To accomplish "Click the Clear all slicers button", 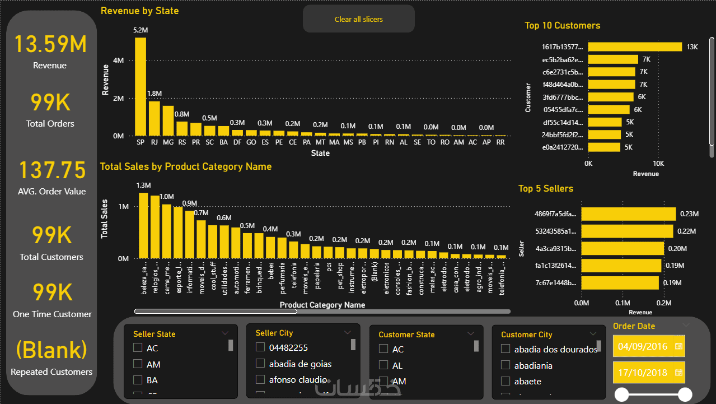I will click(359, 19).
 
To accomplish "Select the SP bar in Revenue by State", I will click(141, 86).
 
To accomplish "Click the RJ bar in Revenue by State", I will click(154, 118).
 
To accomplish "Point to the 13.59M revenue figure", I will click(50, 44).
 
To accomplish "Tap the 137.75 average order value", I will click(53, 170).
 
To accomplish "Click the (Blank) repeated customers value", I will click(52, 350).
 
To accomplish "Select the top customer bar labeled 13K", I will click(635, 47).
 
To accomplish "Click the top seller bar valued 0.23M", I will click(628, 213).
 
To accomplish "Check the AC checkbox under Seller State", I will click(138, 348).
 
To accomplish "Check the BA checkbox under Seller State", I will click(138, 380).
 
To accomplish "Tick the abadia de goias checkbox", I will click(260, 364).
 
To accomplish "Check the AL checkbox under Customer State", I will click(383, 365).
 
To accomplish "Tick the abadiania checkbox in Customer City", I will click(506, 365).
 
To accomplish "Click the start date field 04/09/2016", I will click(643, 346).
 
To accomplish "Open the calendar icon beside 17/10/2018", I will click(679, 373).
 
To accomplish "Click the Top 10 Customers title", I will click(562, 26).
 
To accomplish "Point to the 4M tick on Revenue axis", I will click(118, 61).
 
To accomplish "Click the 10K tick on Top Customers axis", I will click(658, 164).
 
